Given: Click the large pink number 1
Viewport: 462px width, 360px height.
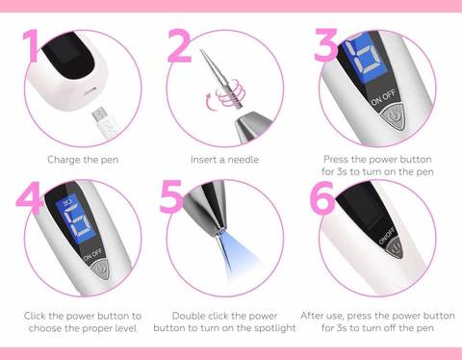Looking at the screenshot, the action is [x=32, y=45].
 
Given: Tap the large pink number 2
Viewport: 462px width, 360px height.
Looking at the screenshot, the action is [x=179, y=45].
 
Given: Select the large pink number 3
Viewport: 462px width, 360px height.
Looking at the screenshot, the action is [x=326, y=45].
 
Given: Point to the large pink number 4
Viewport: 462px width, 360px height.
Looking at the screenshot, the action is [x=30, y=197].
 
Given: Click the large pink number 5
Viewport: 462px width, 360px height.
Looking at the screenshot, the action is [x=172, y=196].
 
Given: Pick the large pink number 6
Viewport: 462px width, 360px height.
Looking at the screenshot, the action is [x=323, y=197].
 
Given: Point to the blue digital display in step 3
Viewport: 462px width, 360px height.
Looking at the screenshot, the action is [x=365, y=57].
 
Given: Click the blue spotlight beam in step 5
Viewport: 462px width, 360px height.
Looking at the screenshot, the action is [x=238, y=257].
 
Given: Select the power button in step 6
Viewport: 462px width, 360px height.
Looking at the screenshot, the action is [x=395, y=248].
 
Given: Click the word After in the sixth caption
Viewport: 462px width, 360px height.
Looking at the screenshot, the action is [x=311, y=316].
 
